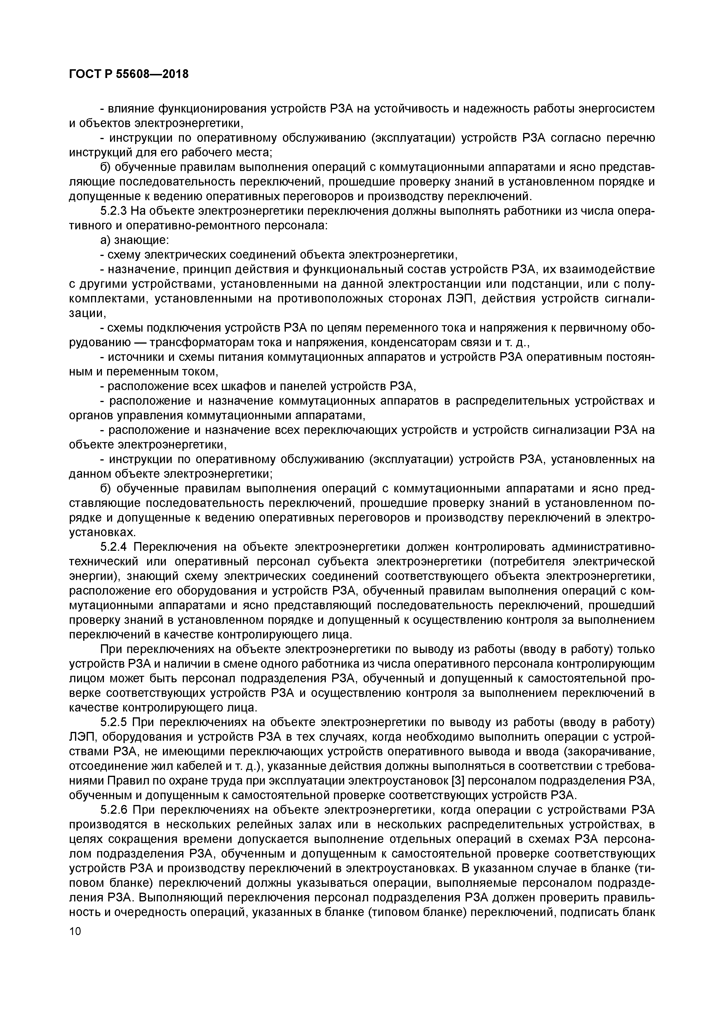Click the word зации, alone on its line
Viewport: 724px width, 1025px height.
tap(87, 314)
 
